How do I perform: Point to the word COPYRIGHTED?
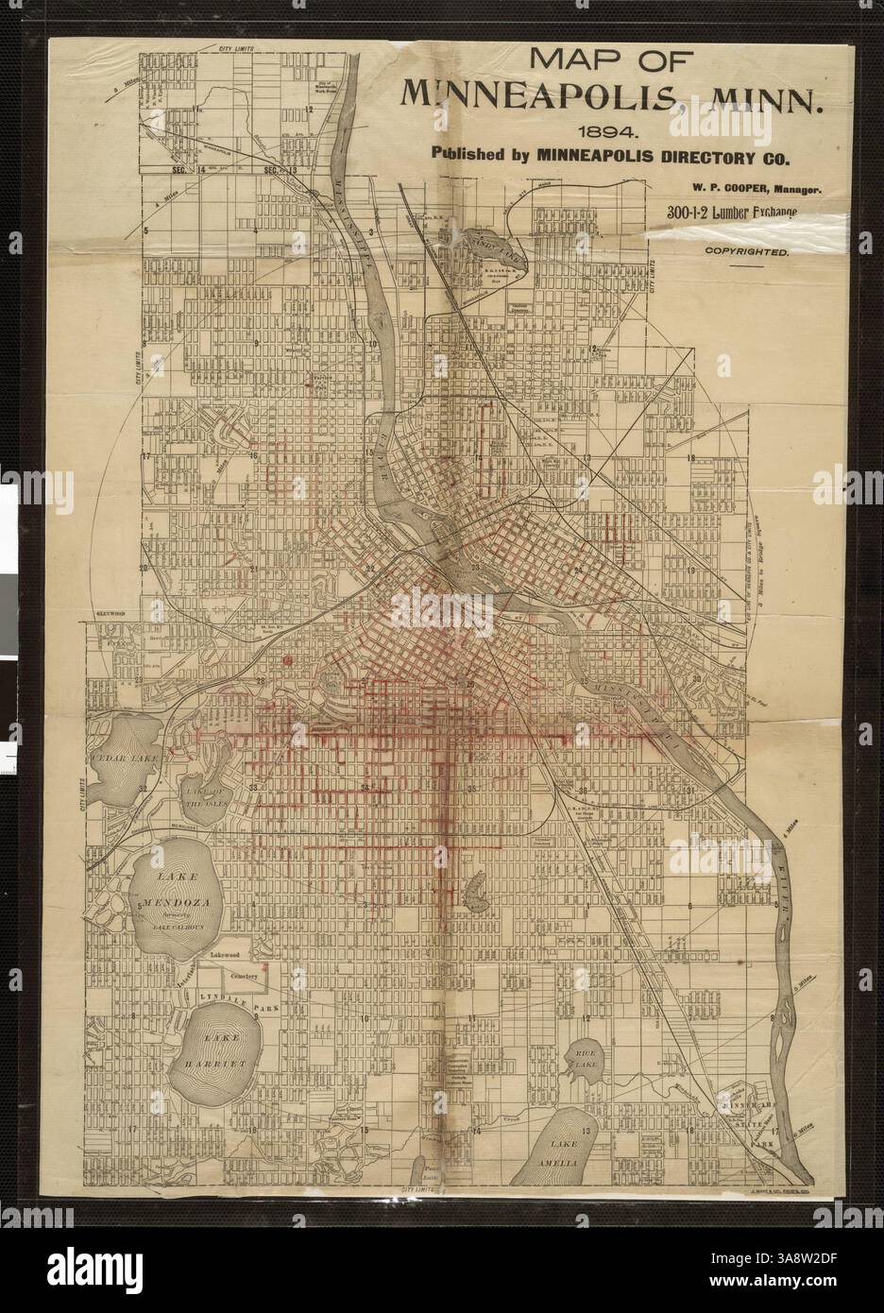[746, 252]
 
